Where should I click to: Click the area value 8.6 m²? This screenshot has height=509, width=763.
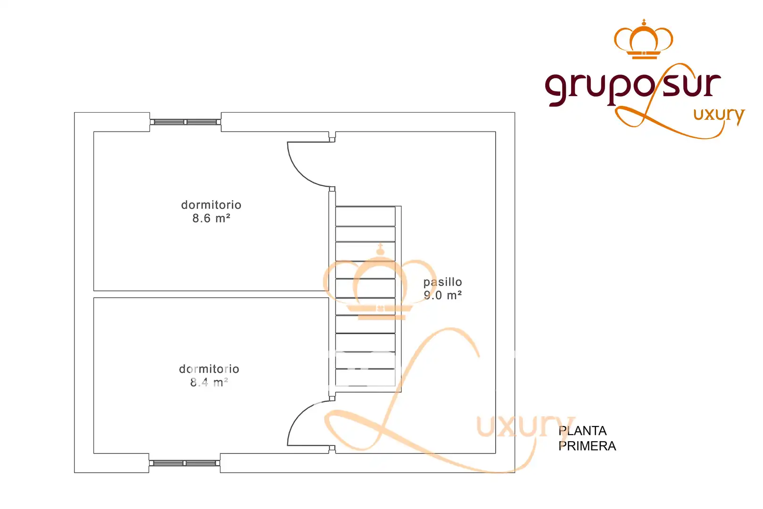coord(211,218)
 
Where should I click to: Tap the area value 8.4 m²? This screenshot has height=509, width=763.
coord(209,382)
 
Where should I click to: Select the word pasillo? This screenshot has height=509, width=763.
coord(442,282)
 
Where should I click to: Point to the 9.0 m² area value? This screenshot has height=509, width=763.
coord(442,295)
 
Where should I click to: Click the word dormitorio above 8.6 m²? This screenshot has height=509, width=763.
coord(211,205)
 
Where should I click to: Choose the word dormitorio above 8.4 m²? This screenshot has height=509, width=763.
coord(209,369)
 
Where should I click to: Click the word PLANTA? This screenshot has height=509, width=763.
coord(582,431)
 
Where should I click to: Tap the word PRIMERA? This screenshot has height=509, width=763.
coord(587,446)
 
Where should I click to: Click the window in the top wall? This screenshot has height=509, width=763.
coord(185,122)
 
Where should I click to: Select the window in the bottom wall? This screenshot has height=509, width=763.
coord(184,463)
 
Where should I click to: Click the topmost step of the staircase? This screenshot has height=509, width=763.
coord(365,216)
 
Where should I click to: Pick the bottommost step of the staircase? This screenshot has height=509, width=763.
coord(365,378)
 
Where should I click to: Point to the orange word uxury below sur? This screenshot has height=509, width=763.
coord(719,116)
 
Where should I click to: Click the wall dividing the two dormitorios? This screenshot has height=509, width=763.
coord(211,295)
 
